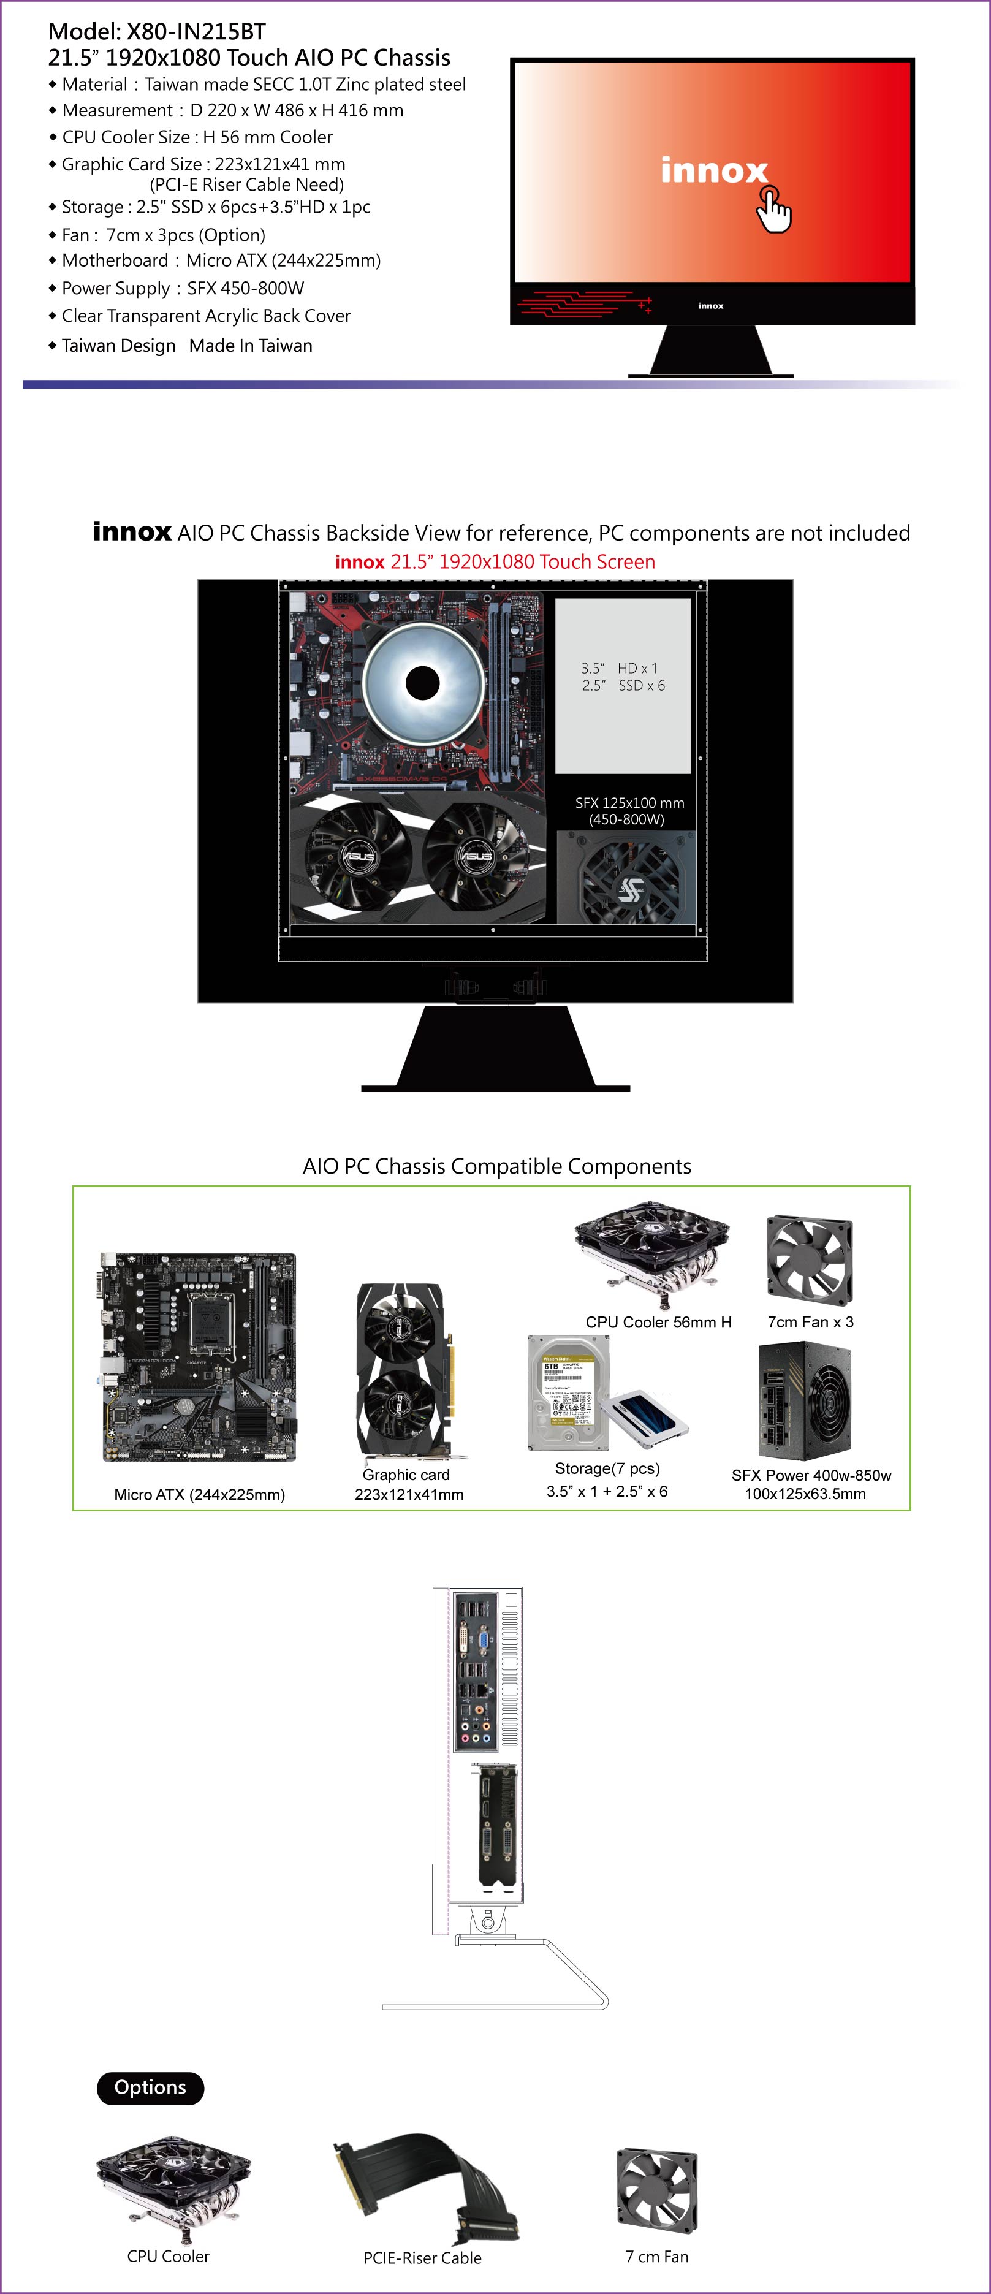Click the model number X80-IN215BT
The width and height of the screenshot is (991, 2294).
(x=196, y=32)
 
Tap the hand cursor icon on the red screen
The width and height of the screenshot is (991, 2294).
(x=774, y=209)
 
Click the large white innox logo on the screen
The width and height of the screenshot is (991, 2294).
(x=714, y=170)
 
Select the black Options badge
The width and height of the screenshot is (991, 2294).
(x=151, y=2087)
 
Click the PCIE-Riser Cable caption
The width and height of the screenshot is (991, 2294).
(x=422, y=2257)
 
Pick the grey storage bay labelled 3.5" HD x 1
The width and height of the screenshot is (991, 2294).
(x=623, y=686)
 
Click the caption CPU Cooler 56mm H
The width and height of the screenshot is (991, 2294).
(x=659, y=1323)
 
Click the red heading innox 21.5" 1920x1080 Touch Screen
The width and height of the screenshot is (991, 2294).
(x=495, y=562)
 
